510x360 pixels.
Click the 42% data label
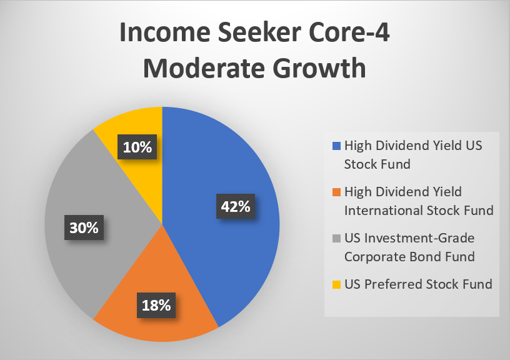pyautogui.click(x=236, y=206)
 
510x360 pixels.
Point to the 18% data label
pyautogui.click(x=156, y=305)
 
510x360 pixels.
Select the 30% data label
pyautogui.click(x=84, y=227)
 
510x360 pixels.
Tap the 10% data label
pyautogui.click(x=137, y=147)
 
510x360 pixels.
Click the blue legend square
pyautogui.click(x=336, y=146)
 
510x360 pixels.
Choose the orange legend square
pyautogui.click(x=336, y=192)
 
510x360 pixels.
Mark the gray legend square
pyautogui.click(x=336, y=238)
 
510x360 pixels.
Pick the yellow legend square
pyautogui.click(x=336, y=284)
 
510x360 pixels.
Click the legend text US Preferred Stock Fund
pyautogui.click(x=418, y=284)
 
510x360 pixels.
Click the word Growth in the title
pyautogui.click(x=319, y=68)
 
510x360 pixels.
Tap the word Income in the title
pyautogui.click(x=165, y=32)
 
